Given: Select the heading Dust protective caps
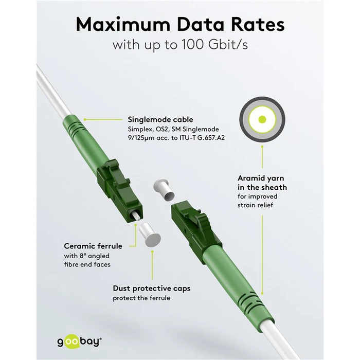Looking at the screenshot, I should tap(151, 289).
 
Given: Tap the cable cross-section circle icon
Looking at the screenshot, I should tap(262, 119).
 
